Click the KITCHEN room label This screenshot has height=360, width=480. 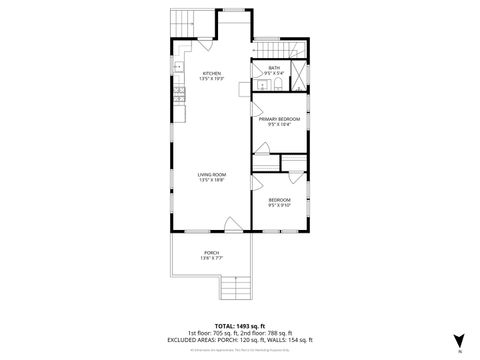coord(212,73)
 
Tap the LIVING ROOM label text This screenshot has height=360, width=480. coord(211,174)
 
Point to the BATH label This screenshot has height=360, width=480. coord(274,68)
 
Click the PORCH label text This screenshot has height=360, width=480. coord(211,252)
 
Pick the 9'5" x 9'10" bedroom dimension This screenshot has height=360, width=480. coord(280,206)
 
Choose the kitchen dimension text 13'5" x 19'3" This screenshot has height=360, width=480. coord(212,79)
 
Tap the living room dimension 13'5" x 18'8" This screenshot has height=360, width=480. coord(211,180)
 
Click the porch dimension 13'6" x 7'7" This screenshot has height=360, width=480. coord(211,258)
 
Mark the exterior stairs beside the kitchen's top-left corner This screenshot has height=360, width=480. coord(181,23)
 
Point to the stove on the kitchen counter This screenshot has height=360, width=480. coord(178,95)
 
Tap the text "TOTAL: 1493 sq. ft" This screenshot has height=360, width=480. coord(240,326)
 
